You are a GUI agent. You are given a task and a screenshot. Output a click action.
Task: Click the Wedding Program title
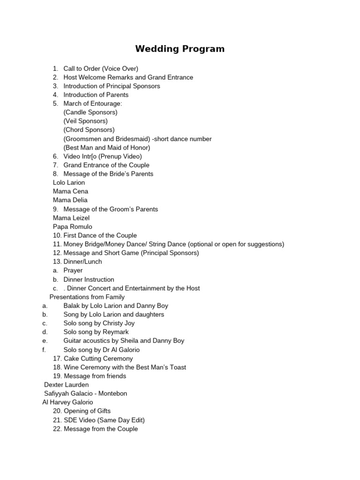pos(180,49)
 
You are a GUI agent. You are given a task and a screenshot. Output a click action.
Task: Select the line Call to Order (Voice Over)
pos(101,68)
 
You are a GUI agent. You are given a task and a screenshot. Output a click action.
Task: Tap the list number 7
pos(55,165)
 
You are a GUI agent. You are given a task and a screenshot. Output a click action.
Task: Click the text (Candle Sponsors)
pos(90,112)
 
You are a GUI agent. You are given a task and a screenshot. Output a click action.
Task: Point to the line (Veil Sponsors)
pos(85,121)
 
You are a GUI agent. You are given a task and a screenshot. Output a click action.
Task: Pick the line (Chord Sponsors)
pos(89,130)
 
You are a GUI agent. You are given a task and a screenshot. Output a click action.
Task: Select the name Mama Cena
pos(70,191)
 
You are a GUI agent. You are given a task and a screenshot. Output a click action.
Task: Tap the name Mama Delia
pos(70,200)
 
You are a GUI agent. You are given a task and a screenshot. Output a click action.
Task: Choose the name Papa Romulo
pos(73,227)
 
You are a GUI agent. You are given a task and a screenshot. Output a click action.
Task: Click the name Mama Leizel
pos(71,218)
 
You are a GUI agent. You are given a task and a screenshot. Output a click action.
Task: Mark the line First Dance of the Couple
pos(100,235)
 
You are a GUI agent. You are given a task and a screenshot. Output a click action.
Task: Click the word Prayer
pos(73,270)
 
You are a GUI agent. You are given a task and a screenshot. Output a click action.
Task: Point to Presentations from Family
pos(87,297)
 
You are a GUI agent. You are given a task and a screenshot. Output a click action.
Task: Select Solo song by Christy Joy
pos(99,323)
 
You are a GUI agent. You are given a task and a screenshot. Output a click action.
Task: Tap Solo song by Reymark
pos(96,332)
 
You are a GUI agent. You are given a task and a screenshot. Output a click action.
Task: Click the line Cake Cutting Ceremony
pos(98,359)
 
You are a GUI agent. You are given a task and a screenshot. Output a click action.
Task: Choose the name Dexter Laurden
pos(66,385)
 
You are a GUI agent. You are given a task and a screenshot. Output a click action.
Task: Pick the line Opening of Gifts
pos(87,411)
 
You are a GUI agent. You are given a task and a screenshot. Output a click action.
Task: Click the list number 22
pos(57,429)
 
